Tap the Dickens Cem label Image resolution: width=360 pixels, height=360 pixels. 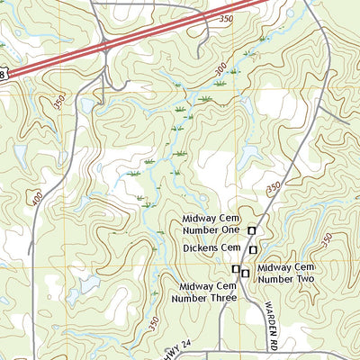click(211, 247)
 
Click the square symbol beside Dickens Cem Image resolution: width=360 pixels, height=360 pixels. click(254, 249)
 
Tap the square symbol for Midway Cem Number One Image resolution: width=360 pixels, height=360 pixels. click(252, 231)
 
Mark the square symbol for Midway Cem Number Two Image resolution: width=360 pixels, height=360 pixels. click(245, 273)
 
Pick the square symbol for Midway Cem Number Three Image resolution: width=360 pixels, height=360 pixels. click(236, 269)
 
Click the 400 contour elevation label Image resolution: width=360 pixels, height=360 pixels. click(37, 196)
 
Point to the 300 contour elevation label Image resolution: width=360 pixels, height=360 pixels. click(221, 68)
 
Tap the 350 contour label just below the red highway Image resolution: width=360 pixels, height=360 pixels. click(225, 19)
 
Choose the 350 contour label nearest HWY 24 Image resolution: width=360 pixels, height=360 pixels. click(154, 321)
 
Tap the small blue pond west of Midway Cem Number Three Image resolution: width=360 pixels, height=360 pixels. click(87, 285)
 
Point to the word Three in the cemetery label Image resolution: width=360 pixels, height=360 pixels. click(221, 298)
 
